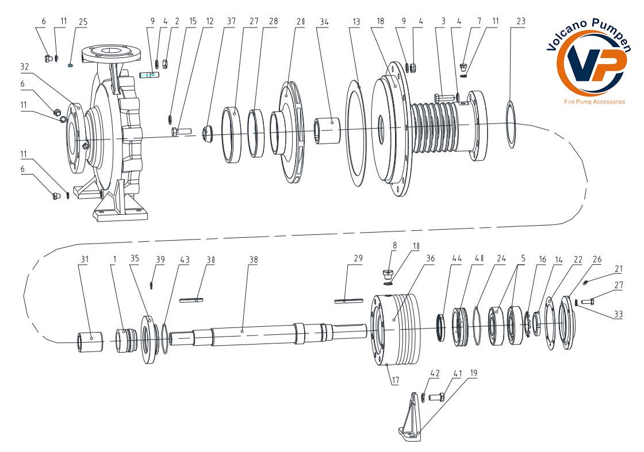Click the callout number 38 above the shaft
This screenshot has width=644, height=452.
253,259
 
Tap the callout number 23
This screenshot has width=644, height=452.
521,22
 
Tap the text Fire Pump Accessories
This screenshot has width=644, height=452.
594,102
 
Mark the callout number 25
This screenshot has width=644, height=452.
83,22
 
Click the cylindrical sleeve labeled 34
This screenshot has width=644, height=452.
327,131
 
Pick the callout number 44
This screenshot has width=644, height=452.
441,259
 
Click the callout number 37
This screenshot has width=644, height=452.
231,22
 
